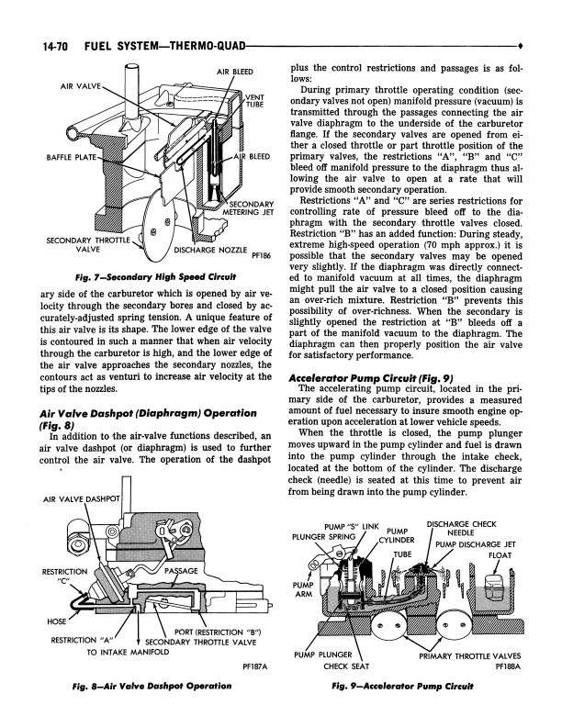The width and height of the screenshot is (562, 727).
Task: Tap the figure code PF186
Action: (x=263, y=259)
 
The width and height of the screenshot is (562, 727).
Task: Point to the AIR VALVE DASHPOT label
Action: (x=83, y=498)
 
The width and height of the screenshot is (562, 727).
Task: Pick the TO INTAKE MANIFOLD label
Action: (x=126, y=653)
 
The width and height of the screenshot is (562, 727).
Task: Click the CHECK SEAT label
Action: (x=346, y=666)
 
